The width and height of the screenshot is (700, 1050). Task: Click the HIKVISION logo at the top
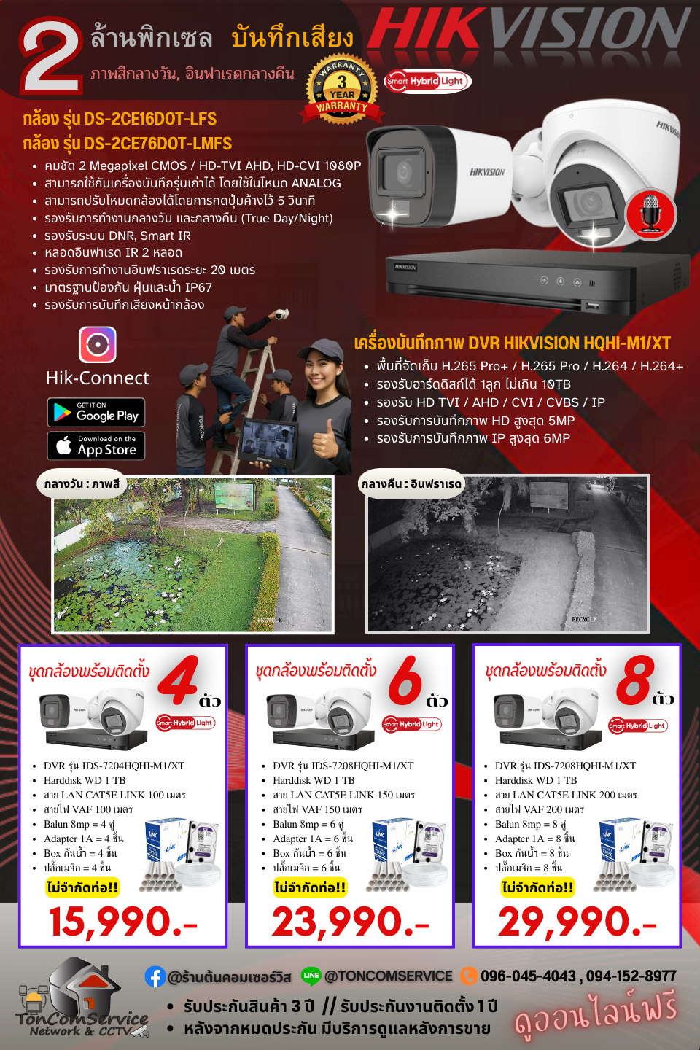click(x=530, y=31)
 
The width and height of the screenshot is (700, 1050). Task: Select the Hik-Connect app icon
click(x=98, y=344)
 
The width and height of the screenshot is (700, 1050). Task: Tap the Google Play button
click(x=96, y=413)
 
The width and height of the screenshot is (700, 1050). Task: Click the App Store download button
click(x=96, y=446)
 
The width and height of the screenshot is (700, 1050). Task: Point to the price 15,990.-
click(x=122, y=922)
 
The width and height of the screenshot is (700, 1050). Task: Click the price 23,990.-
click(x=350, y=922)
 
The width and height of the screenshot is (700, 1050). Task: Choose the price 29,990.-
click(x=577, y=922)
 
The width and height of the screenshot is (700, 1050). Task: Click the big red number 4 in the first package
click(x=179, y=680)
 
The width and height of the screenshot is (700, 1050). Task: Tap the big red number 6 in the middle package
click(x=405, y=680)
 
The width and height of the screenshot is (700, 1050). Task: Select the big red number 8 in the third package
click(x=634, y=680)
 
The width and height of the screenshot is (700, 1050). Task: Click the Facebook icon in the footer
click(x=155, y=976)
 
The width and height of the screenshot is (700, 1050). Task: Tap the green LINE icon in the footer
click(x=311, y=976)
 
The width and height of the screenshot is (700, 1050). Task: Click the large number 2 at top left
click(x=51, y=58)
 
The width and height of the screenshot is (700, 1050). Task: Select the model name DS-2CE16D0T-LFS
click(x=120, y=119)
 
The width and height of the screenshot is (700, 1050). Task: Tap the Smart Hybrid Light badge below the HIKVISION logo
click(x=427, y=81)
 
